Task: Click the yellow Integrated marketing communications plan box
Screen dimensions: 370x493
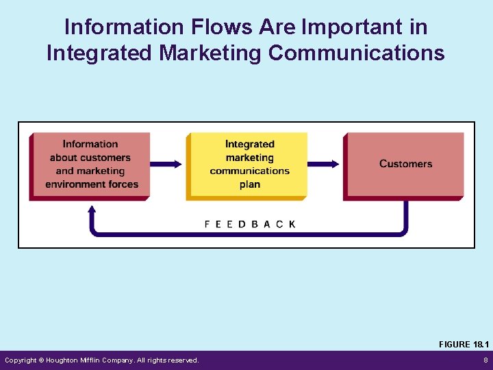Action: [x=249, y=164]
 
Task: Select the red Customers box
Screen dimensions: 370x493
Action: [x=405, y=164]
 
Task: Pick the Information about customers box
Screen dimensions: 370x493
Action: [x=90, y=164]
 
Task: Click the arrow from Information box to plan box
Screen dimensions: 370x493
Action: [x=166, y=164]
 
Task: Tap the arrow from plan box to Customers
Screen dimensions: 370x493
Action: [x=324, y=164]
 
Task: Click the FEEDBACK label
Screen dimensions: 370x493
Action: [x=250, y=224]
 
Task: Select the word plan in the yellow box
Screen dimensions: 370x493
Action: [x=250, y=184]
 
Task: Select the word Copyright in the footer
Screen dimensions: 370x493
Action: [x=23, y=360]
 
